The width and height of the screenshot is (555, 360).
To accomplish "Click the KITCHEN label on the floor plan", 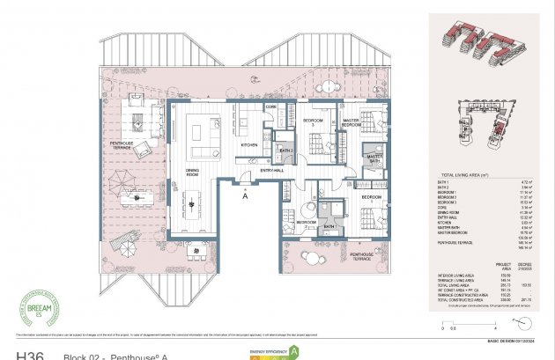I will click(249, 144).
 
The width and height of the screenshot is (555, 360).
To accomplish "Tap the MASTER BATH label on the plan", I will click(373, 158).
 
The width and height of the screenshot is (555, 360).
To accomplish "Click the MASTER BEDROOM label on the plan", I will click(351, 122).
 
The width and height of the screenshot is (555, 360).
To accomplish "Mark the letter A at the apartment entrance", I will click(245, 196).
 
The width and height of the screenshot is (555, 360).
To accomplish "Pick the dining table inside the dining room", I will click(193, 204).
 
